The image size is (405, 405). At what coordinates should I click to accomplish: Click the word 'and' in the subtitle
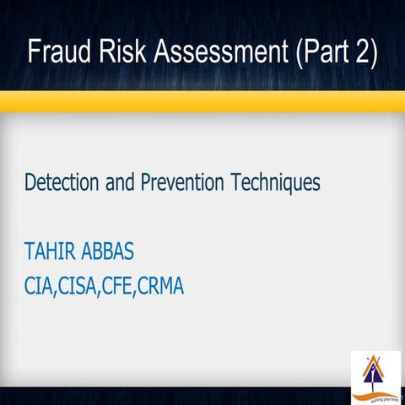[x=118, y=181]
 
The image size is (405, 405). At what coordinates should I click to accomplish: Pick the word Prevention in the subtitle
[x=181, y=181]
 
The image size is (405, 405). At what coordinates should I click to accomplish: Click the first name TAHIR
[x=50, y=253]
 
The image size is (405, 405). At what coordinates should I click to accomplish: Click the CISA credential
[x=83, y=286]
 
